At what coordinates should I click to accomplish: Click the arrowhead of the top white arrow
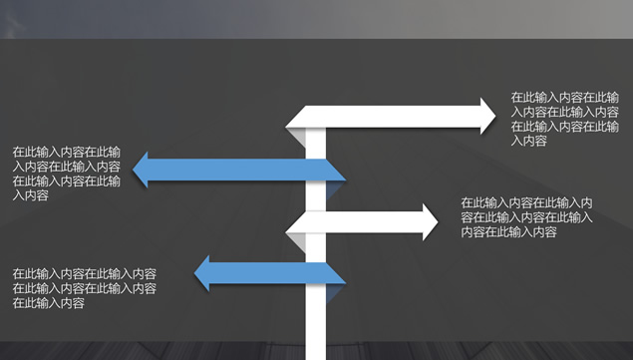coord(484,116)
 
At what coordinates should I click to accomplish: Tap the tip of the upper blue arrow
coord(141,171)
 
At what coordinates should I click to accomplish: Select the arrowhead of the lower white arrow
coord(429,222)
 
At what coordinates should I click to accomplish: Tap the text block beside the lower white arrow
coord(527,217)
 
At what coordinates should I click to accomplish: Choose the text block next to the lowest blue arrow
coord(84,288)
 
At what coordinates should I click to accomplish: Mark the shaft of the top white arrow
coord(399,116)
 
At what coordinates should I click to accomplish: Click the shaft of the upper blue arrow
coord(239,171)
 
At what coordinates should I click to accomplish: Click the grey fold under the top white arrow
coord(297,132)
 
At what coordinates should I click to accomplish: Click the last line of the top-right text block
coord(528,141)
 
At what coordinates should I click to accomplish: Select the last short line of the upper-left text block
coord(31,195)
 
